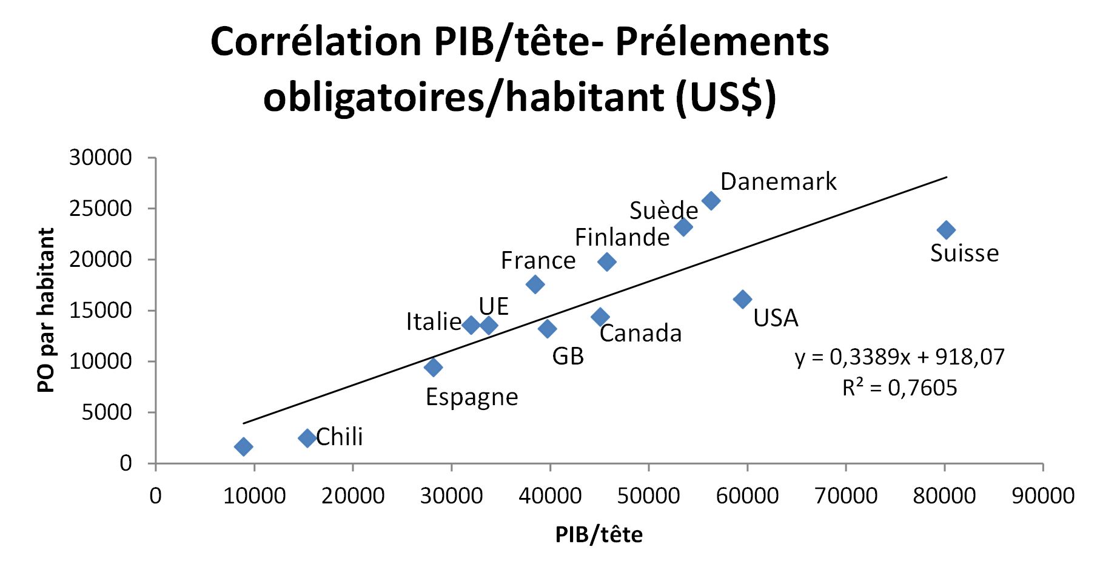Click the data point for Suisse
946,230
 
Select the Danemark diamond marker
711,201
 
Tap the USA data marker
742,299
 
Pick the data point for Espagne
433,367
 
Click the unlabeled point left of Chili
243,447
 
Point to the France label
538,261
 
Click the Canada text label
640,334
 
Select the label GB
568,357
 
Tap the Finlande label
622,237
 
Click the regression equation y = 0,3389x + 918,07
899,357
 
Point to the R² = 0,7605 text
899,388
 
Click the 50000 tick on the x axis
648,496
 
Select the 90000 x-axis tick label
1043,496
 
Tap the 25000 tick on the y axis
100,209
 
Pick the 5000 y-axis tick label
107,412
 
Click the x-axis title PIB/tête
599,534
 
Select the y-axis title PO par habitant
46,310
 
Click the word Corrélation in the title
315,42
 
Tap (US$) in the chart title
725,97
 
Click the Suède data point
683,227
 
